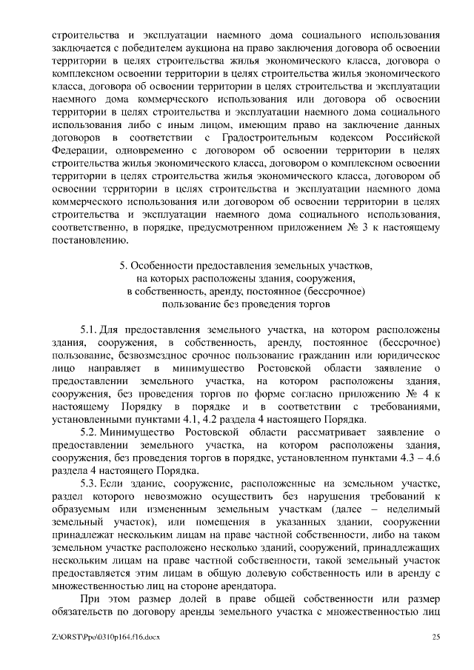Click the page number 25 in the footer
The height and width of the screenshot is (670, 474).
coord(436,637)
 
